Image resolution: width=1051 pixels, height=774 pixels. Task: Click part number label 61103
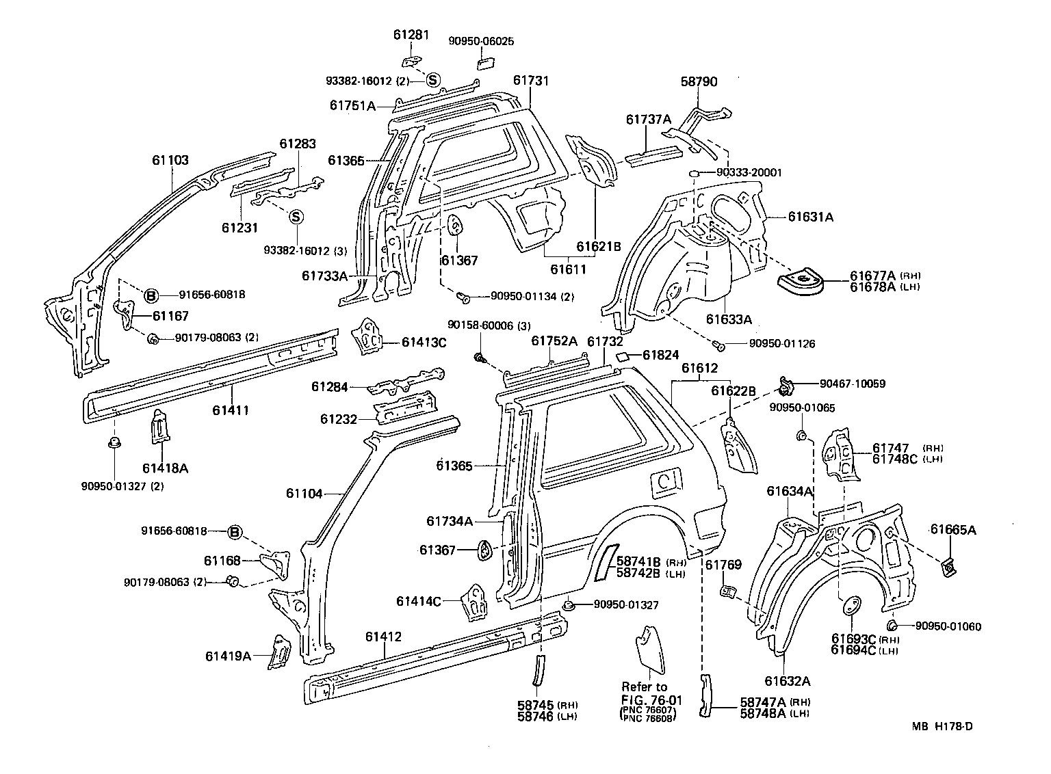170,161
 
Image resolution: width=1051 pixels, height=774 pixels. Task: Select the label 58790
699,82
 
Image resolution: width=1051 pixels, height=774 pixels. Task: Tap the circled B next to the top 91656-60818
151,295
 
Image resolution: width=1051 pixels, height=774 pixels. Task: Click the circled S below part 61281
432,80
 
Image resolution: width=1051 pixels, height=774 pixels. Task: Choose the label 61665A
952,529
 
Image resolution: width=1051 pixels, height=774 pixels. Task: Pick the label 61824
660,355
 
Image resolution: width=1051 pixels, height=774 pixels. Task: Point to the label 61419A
228,656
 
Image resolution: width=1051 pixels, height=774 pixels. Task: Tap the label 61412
383,637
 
